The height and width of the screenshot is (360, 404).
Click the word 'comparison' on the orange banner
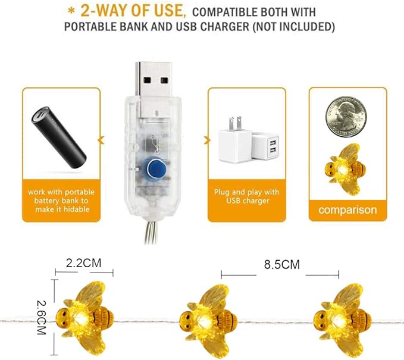(347, 210)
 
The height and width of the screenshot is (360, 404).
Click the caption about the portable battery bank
(58, 201)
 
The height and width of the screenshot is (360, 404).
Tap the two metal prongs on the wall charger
(237, 123)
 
